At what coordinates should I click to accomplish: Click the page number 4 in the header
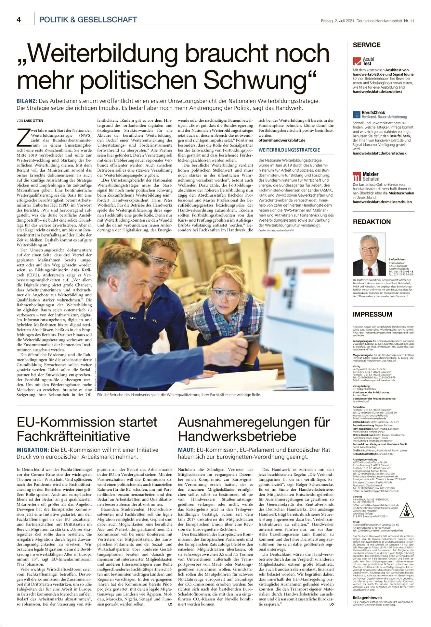19,20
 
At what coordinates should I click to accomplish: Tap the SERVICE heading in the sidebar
366,45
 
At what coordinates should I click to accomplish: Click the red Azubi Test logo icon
357,61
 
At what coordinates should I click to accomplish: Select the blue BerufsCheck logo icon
357,115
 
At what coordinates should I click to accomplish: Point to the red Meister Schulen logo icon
357,177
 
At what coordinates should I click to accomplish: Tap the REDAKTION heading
372,222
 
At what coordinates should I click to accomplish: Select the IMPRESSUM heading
372,314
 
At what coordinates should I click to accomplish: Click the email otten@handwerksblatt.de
282,140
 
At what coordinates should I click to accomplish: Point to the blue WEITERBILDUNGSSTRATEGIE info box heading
289,150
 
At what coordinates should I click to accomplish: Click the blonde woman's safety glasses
226,294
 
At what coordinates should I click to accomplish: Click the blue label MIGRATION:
33,450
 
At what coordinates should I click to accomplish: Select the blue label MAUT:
186,450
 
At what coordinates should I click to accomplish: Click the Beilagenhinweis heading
367,597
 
